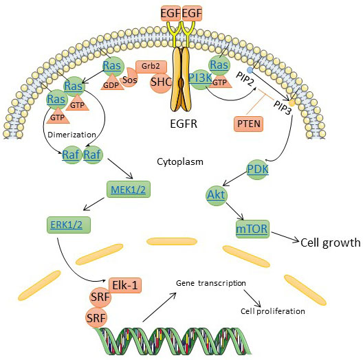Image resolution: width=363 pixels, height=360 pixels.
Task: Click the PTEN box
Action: tap(248, 124)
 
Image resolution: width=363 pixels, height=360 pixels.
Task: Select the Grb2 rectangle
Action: tap(151, 67)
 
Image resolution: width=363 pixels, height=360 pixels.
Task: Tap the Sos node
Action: tap(129, 78)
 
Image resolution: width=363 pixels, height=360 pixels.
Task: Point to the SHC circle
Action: tap(161, 82)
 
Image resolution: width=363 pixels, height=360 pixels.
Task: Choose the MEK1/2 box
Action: tap(129, 189)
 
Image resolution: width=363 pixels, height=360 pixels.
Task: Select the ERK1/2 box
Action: tap(69, 225)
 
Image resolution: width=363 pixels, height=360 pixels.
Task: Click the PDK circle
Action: tap(258, 170)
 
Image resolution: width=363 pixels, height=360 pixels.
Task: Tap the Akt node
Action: tap(217, 195)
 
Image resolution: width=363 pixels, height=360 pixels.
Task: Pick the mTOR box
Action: tap(252, 229)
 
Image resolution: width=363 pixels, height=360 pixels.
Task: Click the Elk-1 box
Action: tap(125, 285)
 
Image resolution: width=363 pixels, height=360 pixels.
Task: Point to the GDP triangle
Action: tap(111, 82)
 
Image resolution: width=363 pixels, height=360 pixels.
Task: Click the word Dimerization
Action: tap(71, 135)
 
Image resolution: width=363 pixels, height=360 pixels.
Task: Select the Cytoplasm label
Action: tap(180, 161)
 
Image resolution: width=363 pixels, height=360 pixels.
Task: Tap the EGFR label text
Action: tap(184, 124)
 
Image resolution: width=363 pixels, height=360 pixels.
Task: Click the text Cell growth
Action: tap(331, 243)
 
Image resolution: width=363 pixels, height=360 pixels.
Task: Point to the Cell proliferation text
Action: tap(273, 311)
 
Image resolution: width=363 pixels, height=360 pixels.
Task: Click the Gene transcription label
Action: tap(211, 283)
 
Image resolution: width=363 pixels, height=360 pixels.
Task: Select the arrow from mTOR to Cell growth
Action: tap(285, 237)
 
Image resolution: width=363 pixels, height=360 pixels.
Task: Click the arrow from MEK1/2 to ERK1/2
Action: tap(93, 204)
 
